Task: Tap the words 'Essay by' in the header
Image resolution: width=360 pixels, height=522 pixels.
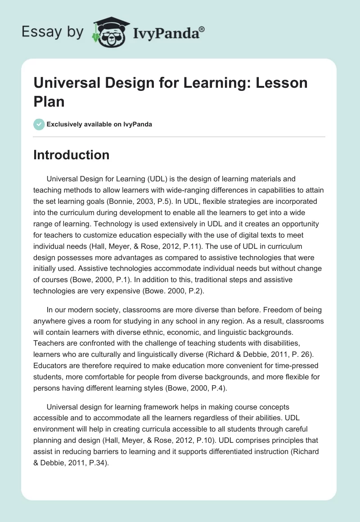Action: click(52, 32)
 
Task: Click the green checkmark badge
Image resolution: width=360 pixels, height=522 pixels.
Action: click(39, 124)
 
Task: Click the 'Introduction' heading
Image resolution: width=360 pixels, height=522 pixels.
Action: click(71, 155)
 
